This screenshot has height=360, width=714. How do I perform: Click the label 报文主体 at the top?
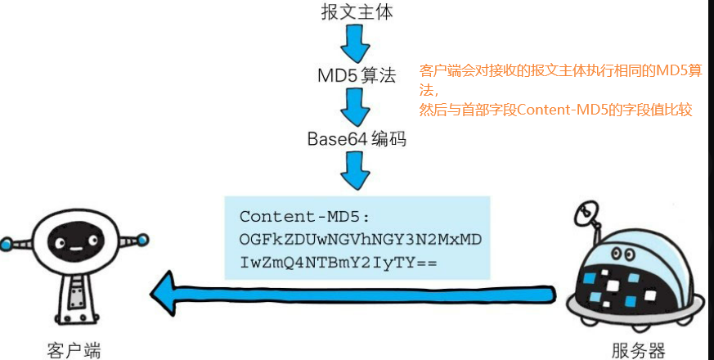pos(357,12)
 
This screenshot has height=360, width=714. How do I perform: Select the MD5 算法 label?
pos(357,76)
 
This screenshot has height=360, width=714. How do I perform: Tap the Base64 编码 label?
pos(357,139)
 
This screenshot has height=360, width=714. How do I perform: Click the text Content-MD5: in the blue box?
pos(305,217)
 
